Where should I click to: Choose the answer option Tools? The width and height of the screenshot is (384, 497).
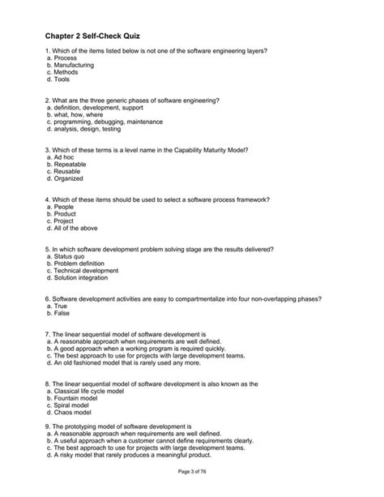(x=62, y=81)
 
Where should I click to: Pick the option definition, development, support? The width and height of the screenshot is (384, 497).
(x=100, y=107)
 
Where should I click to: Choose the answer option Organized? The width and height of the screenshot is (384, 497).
(x=70, y=179)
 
